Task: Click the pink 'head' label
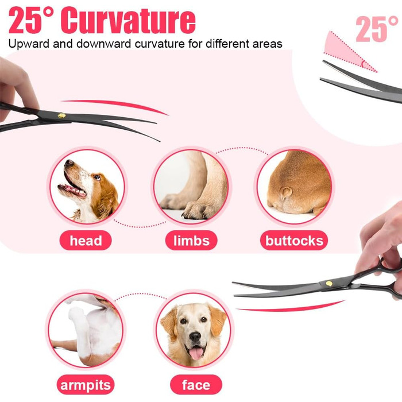click(86, 241)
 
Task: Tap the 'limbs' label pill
click(191, 241)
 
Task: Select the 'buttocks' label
click(294, 241)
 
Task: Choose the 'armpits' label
click(86, 385)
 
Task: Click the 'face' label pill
click(196, 385)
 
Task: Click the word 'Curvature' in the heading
click(128, 21)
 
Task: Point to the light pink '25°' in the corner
click(377, 29)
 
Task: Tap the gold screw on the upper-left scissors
click(62, 116)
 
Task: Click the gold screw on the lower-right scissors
click(329, 283)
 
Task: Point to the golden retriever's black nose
click(195, 337)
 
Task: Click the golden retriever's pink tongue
click(196, 353)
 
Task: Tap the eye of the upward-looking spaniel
click(97, 177)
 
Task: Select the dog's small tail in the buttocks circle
click(286, 193)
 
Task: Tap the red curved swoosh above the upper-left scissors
click(115, 105)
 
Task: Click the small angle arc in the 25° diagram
click(363, 64)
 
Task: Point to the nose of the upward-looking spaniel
click(69, 163)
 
